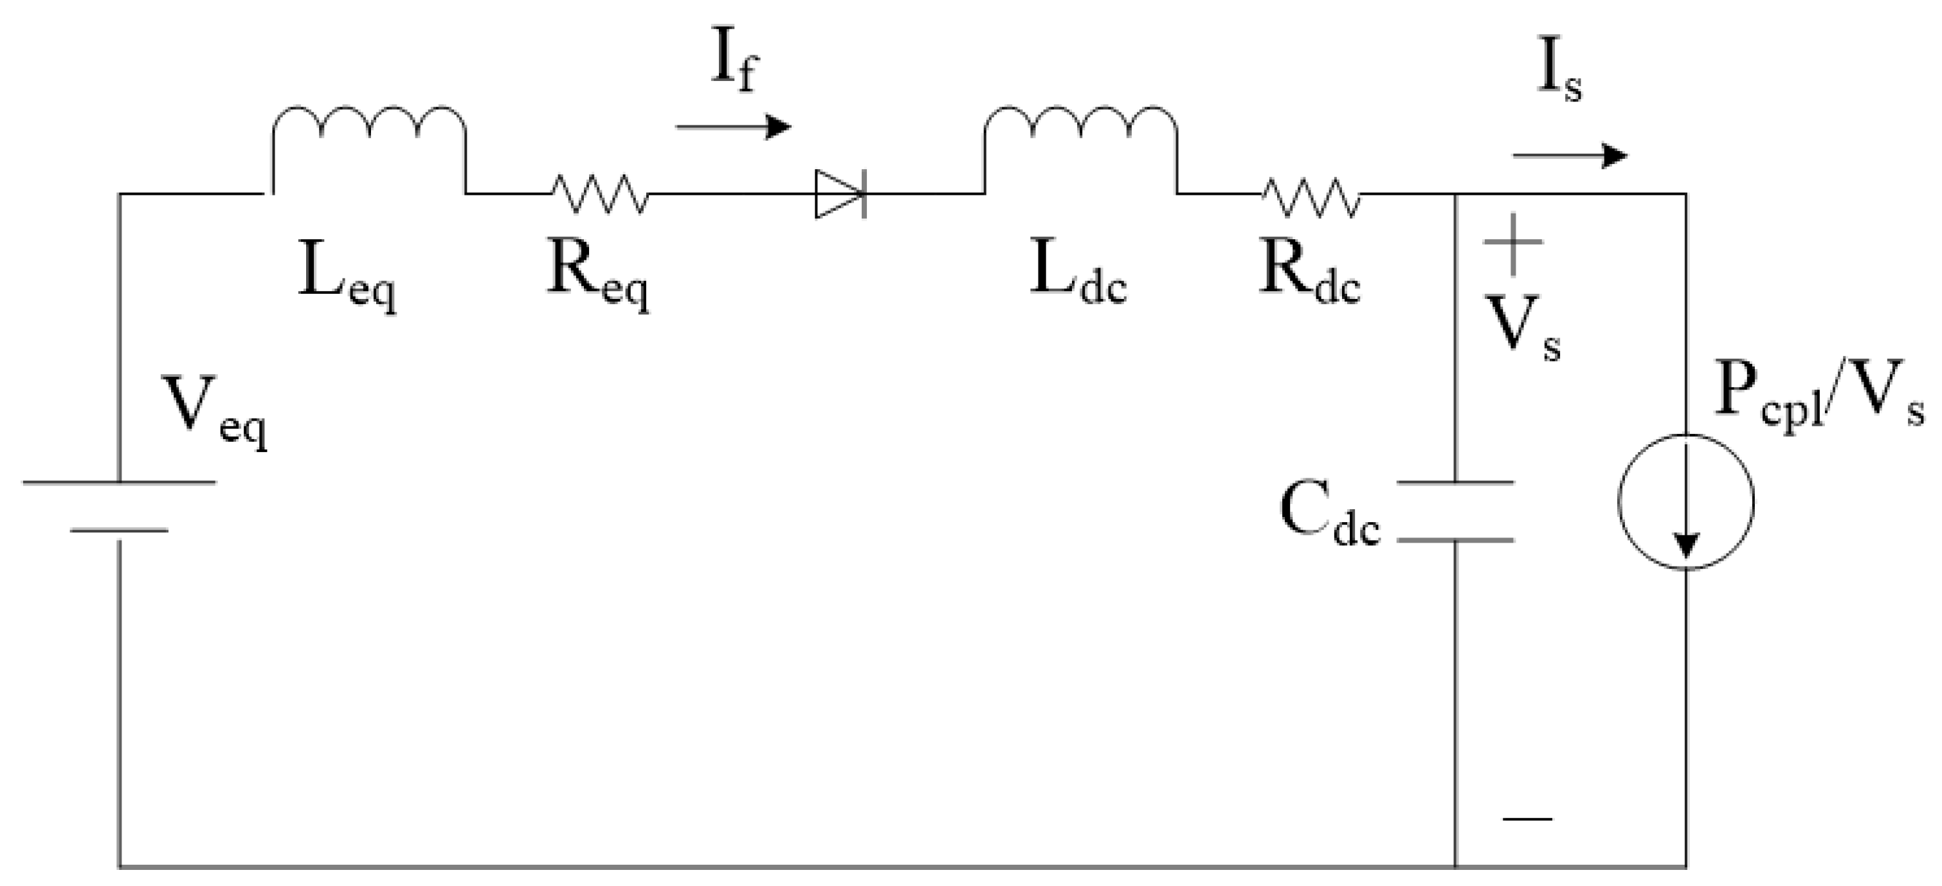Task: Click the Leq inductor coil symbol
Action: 368,132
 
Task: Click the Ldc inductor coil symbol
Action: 1080,132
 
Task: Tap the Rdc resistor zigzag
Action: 1312,197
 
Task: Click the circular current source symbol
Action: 1685,502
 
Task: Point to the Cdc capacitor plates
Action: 1455,511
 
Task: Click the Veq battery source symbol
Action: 119,507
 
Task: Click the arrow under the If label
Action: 733,127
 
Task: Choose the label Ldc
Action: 1078,273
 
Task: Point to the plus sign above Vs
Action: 1512,243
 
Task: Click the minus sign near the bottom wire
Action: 1527,818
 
